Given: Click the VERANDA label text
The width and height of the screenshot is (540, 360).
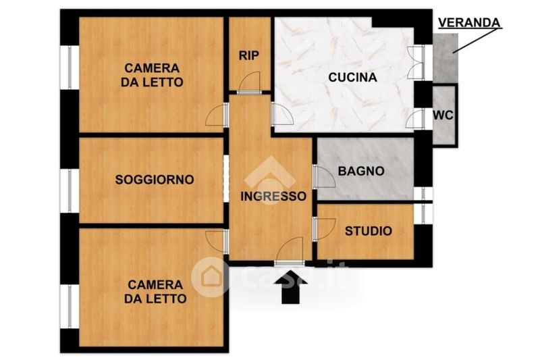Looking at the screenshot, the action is (469, 23).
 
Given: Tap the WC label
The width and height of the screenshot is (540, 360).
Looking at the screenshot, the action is (443, 115).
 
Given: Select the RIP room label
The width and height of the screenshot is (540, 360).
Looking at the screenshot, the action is (249, 55).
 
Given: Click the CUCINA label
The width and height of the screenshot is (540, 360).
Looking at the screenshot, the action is (352, 77).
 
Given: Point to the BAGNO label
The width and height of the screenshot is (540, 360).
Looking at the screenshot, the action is (361, 171).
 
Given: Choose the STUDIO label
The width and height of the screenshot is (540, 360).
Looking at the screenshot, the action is (369, 231).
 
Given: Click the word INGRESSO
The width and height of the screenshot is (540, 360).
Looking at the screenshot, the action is (273, 196).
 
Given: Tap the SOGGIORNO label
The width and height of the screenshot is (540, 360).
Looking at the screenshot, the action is (155, 180).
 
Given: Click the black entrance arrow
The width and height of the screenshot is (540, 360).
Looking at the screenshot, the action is (291, 287).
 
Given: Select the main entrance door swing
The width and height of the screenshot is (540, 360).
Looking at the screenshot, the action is (290, 251).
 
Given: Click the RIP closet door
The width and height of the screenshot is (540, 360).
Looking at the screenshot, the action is (249, 83).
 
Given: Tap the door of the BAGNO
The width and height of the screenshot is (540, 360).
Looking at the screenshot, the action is (324, 177).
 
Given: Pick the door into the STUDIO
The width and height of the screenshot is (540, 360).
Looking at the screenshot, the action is (324, 229).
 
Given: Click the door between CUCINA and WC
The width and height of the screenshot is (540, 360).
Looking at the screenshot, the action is (415, 119).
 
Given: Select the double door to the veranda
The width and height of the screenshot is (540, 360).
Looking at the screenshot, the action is (416, 63).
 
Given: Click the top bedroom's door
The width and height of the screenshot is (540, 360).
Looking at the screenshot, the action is (217, 115).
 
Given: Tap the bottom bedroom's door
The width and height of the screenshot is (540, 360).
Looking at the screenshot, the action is (217, 242).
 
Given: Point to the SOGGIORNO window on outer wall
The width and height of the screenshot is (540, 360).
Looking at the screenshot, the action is (70, 190).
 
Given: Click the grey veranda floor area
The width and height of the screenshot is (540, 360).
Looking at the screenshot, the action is (445, 58).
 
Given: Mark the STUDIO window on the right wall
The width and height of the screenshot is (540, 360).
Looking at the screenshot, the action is (423, 213).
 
